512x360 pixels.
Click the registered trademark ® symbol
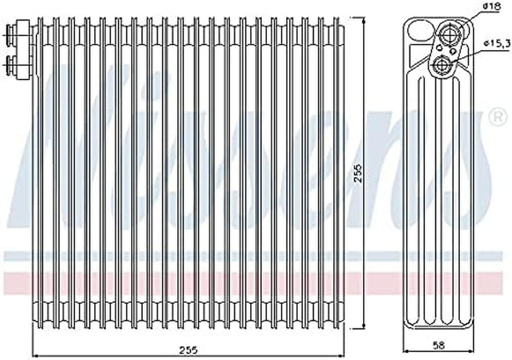496,117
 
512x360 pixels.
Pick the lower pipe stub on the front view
10,63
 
